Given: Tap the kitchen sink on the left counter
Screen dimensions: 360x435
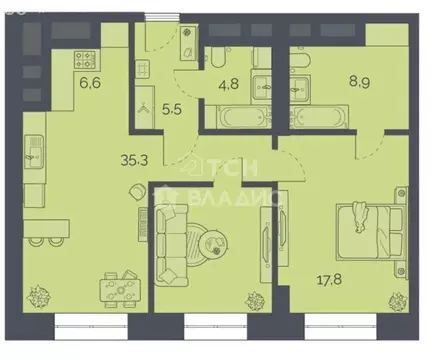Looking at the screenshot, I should pos(34,151).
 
